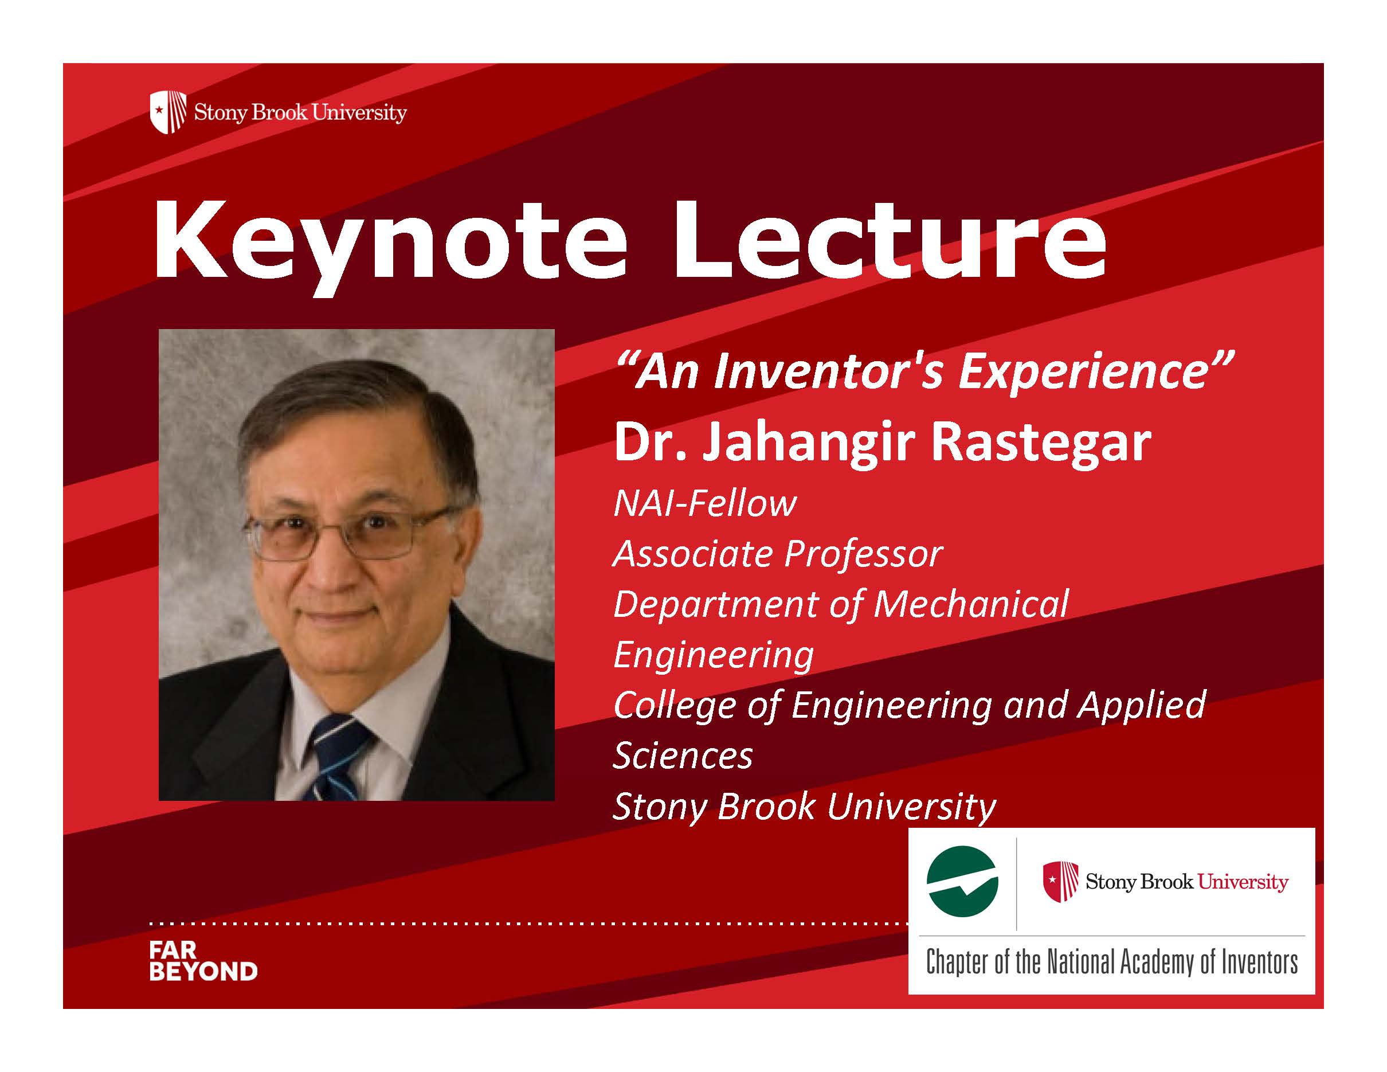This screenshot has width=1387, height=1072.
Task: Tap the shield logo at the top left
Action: [169, 112]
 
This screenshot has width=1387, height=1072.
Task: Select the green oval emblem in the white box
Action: [962, 882]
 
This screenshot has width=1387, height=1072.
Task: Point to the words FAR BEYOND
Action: [203, 962]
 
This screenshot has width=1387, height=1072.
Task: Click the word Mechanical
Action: [972, 604]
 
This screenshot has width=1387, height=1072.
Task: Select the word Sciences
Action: [683, 756]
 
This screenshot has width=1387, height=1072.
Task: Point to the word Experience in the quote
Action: [1082, 373]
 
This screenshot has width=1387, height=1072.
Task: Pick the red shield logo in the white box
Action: [1060, 882]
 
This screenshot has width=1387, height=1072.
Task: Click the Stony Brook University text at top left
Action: [300, 113]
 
